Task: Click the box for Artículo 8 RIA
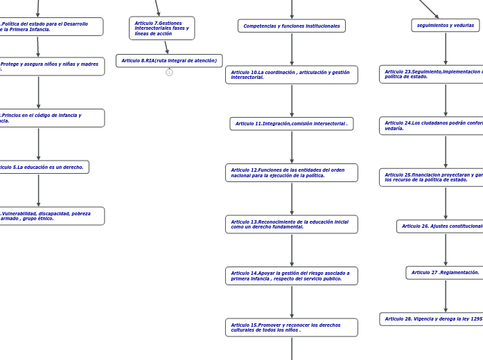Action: [x=169, y=61]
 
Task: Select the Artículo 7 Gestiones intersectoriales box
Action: [x=161, y=28]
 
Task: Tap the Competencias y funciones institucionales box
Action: [x=291, y=26]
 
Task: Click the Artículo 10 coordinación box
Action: [x=291, y=75]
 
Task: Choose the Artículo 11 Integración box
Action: [x=291, y=124]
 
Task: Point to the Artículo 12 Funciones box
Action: [x=291, y=172]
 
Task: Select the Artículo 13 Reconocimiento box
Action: [x=291, y=224]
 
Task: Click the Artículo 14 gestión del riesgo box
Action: [x=291, y=276]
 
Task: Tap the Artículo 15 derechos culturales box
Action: [x=291, y=327]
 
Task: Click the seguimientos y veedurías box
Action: [x=445, y=26]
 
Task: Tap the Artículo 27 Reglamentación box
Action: [x=445, y=273]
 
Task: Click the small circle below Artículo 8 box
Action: [x=169, y=72]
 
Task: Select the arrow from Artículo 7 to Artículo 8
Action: [x=166, y=47]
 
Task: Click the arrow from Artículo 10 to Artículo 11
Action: [x=292, y=100]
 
